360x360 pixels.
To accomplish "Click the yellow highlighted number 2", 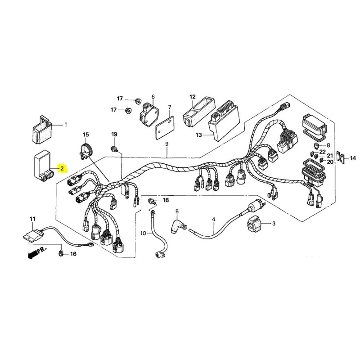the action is [x=63, y=168].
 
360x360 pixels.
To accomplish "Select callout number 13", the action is [x=198, y=135].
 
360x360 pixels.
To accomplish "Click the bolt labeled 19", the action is [x=114, y=149].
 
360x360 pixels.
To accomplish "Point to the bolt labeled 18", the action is [x=153, y=202].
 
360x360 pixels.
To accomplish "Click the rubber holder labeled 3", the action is [x=254, y=223].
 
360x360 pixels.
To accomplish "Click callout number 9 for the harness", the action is [x=167, y=144].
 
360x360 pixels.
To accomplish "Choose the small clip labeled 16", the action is [x=61, y=253].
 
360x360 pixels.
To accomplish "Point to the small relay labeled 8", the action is [x=317, y=145].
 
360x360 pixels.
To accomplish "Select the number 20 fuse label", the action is [x=330, y=162].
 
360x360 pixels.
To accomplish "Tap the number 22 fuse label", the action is [x=323, y=152].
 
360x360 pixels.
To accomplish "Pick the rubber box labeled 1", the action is [x=42, y=130].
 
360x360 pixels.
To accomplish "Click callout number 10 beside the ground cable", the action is [x=143, y=234].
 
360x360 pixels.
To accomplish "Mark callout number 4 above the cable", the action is [x=214, y=220].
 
